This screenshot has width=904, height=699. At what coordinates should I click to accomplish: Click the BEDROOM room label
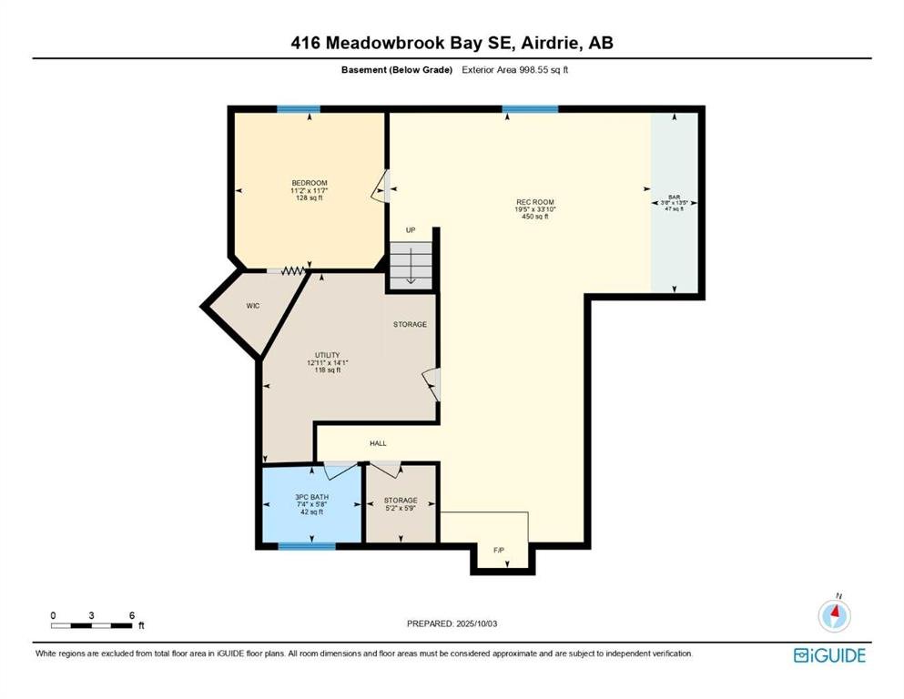pyautogui.click(x=309, y=183)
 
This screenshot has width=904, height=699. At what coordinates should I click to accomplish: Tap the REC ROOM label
pyautogui.click(x=535, y=202)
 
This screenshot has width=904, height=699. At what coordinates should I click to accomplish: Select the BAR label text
pyautogui.click(x=674, y=198)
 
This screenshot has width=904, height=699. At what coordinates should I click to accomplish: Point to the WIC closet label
pyautogui.click(x=253, y=306)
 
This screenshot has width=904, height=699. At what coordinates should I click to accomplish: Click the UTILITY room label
pyautogui.click(x=327, y=355)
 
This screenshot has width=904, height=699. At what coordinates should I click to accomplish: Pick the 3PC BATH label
pyautogui.click(x=312, y=497)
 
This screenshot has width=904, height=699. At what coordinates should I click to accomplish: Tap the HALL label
pyautogui.click(x=378, y=443)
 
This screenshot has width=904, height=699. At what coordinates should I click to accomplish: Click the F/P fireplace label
pyautogui.click(x=499, y=551)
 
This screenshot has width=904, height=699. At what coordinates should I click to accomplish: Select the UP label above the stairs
pyautogui.click(x=411, y=230)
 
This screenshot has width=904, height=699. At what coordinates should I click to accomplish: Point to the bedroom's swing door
pyautogui.click(x=381, y=186)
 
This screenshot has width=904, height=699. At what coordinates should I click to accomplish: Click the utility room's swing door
pyautogui.click(x=432, y=384)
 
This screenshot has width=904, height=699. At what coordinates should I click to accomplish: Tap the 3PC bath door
pyautogui.click(x=340, y=471)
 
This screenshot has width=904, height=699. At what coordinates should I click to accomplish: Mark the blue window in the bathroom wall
pyautogui.click(x=307, y=546)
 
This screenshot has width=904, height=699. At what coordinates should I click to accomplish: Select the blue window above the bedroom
pyautogui.click(x=298, y=109)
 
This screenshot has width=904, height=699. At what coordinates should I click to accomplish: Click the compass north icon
pyautogui.click(x=834, y=615)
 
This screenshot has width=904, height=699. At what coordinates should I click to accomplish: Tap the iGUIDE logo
pyautogui.click(x=829, y=655)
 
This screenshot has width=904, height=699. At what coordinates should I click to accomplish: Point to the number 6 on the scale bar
pyautogui.click(x=132, y=615)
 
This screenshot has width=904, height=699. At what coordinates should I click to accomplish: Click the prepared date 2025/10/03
pyautogui.click(x=476, y=623)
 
